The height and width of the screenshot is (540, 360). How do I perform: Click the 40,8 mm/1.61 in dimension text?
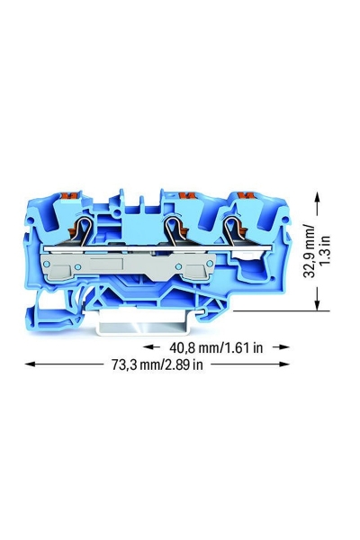(216, 347)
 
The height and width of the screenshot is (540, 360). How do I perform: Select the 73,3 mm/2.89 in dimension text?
(157, 364)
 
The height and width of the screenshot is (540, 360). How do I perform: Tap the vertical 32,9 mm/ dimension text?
(309, 250)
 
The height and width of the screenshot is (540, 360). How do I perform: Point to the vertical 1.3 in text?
(325, 250)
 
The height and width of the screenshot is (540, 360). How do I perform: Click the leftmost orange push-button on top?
(71, 196)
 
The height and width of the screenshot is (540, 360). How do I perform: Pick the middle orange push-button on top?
(186, 196)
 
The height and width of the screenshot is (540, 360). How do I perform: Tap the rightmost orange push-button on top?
(245, 196)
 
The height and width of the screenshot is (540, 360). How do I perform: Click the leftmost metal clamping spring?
(84, 231)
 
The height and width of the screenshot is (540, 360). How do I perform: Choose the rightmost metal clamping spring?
(230, 230)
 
